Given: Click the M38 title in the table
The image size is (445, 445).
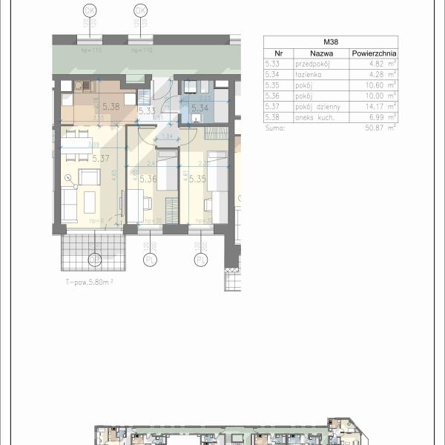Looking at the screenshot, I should coord(331,42).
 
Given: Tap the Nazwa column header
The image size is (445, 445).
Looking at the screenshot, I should coord(321,53).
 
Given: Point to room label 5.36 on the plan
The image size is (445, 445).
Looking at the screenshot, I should coord(148,179).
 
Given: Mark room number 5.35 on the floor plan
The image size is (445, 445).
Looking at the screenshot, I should coord(197,179).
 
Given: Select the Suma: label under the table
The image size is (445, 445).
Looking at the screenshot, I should coord(277,128).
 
